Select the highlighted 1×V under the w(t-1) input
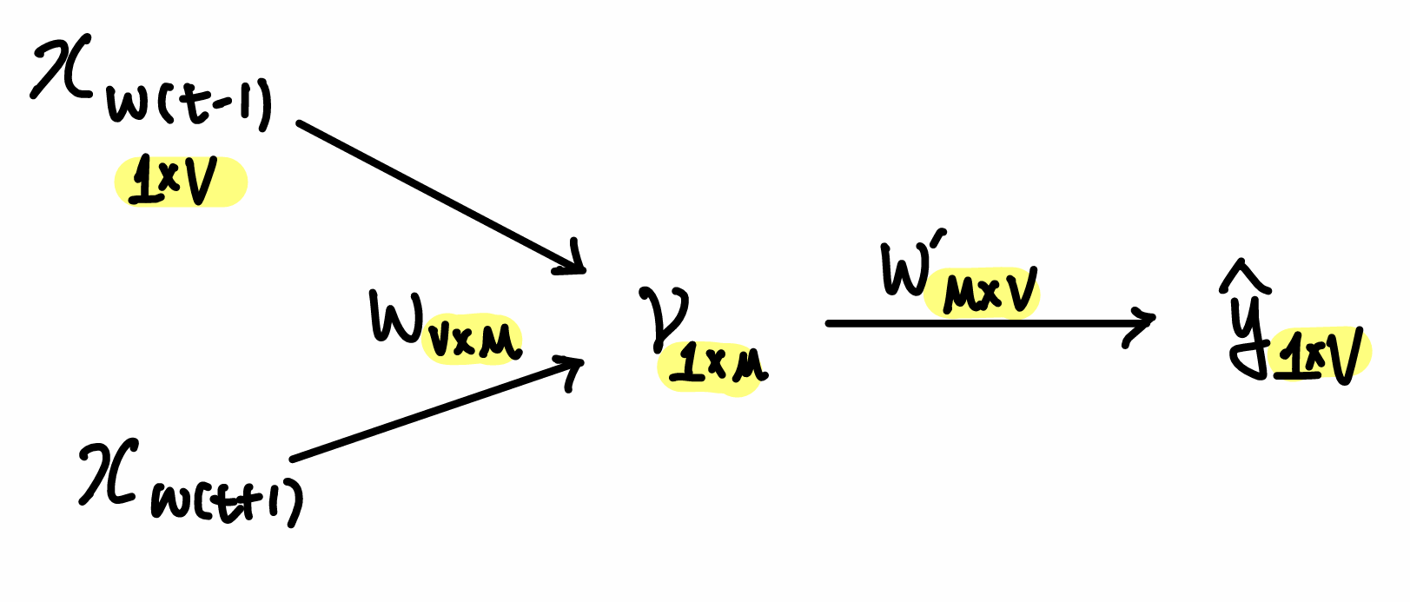coord(181,182)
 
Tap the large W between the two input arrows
coord(395,317)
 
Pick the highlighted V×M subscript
coord(473,341)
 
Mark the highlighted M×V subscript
coord(982,291)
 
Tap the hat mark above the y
coord(1244,276)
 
